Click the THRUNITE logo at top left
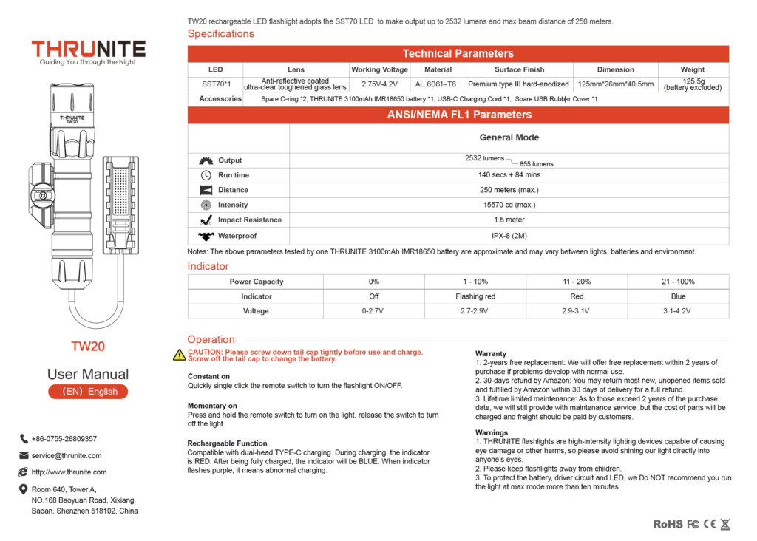click(88, 50)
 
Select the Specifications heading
click(220, 34)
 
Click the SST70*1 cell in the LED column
click(216, 84)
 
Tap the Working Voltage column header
click(379, 69)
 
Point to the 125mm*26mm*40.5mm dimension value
click(616, 84)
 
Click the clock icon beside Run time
click(206, 175)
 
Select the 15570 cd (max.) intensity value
click(509, 205)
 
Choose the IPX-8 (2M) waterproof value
click(509, 236)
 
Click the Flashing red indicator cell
click(475, 296)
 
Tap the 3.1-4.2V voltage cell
click(677, 311)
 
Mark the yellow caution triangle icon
click(179, 355)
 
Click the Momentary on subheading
click(212, 406)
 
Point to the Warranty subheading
click(491, 353)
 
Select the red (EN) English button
click(88, 392)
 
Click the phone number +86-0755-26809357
click(64, 439)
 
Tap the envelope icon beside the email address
click(24, 455)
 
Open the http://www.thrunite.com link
click(69, 472)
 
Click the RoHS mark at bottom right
click(668, 524)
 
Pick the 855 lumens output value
click(536, 164)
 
